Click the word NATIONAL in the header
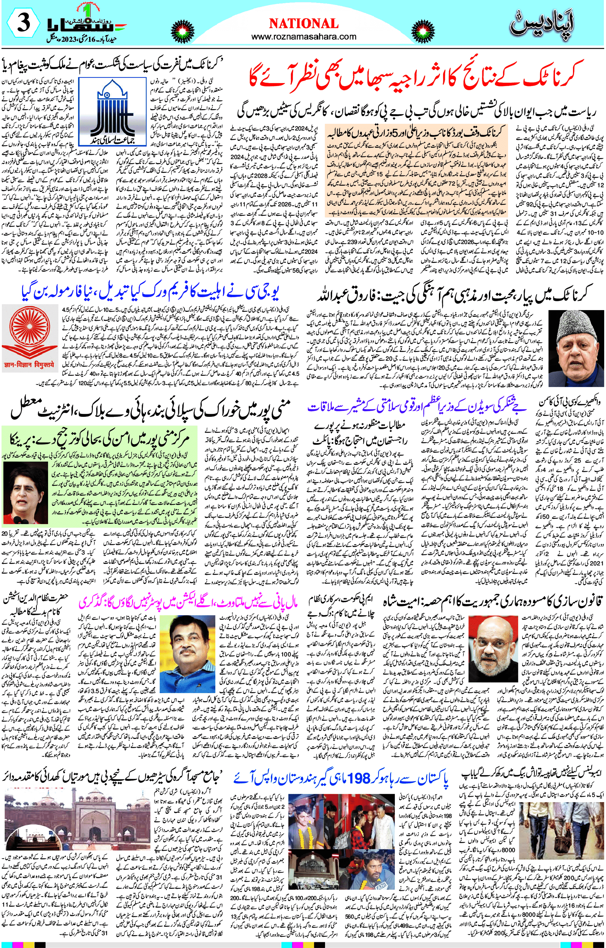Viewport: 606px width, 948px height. (x=303, y=24)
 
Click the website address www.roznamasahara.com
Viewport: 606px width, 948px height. (x=303, y=37)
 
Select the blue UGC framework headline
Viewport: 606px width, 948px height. (x=151, y=291)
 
